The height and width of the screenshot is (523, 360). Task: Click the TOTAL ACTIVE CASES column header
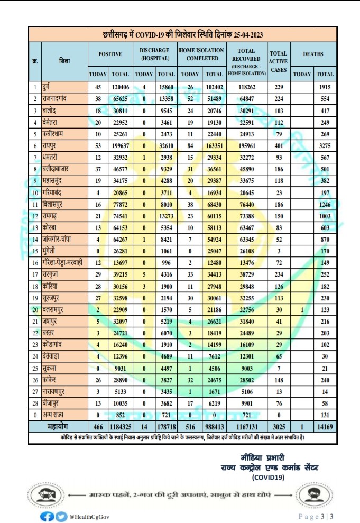click(278, 61)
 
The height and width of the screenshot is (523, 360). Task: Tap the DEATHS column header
click(313, 54)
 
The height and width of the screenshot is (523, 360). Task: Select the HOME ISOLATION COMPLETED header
click(201, 54)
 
